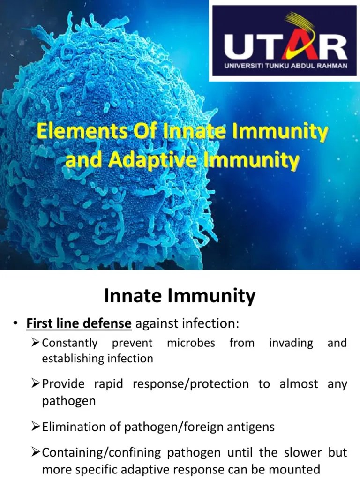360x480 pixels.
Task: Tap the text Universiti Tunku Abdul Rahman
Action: [x=285, y=66]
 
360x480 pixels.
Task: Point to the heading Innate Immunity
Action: [x=180, y=296]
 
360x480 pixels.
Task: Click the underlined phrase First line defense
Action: [x=79, y=323]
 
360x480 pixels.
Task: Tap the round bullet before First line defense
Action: [x=15, y=324]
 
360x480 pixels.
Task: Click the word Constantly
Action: [x=70, y=343]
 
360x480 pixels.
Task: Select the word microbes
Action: [x=191, y=343]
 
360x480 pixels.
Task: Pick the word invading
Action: [x=291, y=343]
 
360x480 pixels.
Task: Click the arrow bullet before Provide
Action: [x=36, y=384]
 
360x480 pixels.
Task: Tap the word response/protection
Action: [x=191, y=384]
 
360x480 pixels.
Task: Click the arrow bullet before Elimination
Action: [x=36, y=427]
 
